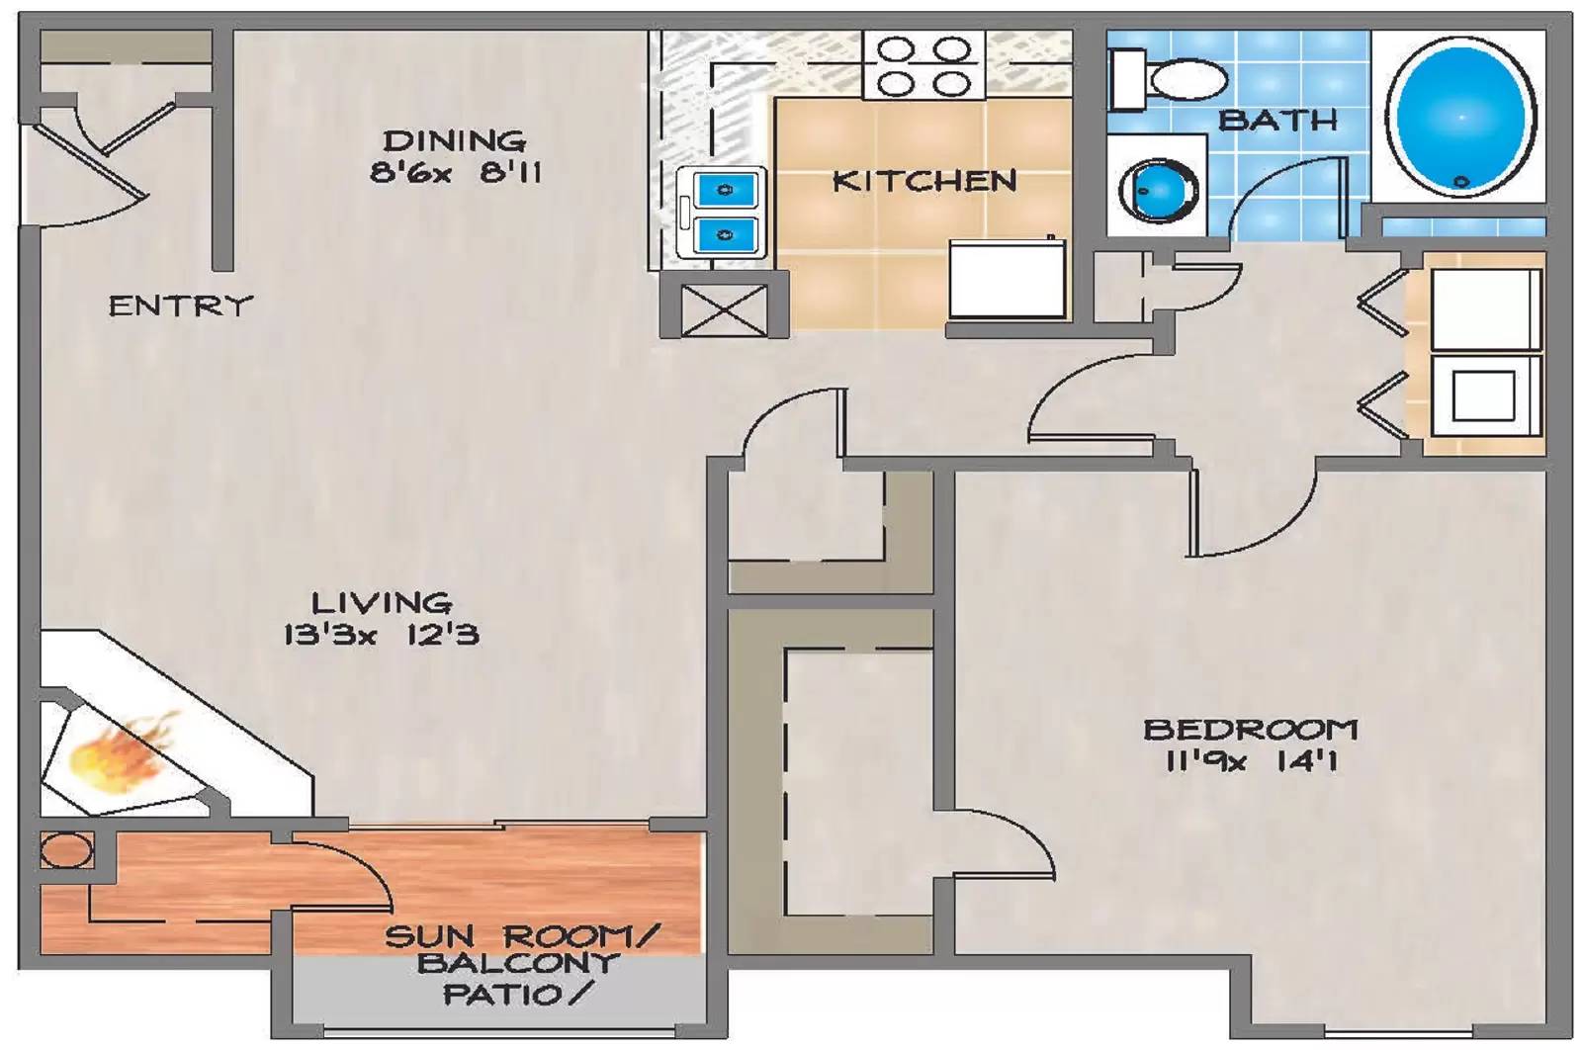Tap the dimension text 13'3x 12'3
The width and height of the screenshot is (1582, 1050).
coord(381,634)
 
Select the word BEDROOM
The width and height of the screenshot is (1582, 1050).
coord(1250,730)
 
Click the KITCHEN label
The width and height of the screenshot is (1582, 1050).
coord(923,181)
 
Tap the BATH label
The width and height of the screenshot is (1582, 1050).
coord(1277,121)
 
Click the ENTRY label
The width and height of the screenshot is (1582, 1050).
coord(180,306)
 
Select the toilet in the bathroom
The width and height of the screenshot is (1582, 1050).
coord(1167,79)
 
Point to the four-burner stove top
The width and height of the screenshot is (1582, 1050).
coord(923,65)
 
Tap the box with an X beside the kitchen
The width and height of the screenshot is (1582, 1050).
coord(724,309)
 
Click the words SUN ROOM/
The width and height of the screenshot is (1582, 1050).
coord(521,935)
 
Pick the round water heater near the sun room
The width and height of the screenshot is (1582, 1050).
coord(66,850)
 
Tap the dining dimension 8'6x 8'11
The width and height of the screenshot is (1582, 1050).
coord(456,173)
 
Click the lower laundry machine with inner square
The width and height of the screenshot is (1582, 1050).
coord(1483,395)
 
